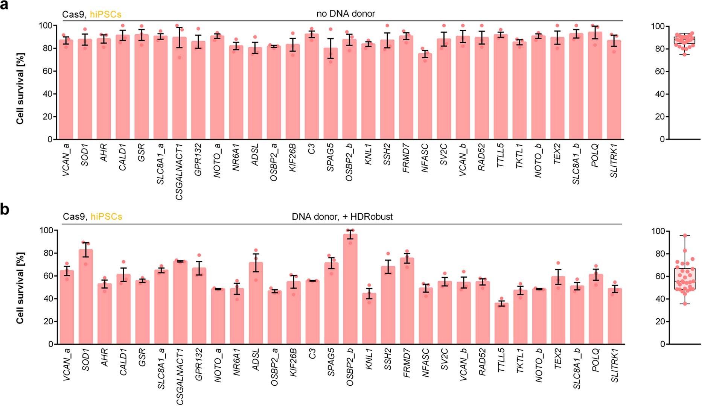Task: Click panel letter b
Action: click(x=5, y=209)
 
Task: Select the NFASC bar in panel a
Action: click(x=425, y=98)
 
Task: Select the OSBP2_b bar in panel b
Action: click(x=350, y=290)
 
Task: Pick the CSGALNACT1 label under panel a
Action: click(x=179, y=171)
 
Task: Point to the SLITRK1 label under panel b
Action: click(x=615, y=365)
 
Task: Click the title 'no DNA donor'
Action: click(x=346, y=14)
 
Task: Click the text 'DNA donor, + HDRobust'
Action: click(x=342, y=217)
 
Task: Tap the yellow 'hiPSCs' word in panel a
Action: click(x=105, y=15)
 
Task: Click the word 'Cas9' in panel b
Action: click(x=73, y=217)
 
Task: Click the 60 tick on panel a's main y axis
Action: click(x=47, y=71)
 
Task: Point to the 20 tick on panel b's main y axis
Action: click(x=48, y=321)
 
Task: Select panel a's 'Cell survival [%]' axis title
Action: click(x=20, y=88)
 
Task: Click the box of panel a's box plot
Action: click(x=684, y=40)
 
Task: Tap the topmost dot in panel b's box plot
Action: click(x=685, y=236)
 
